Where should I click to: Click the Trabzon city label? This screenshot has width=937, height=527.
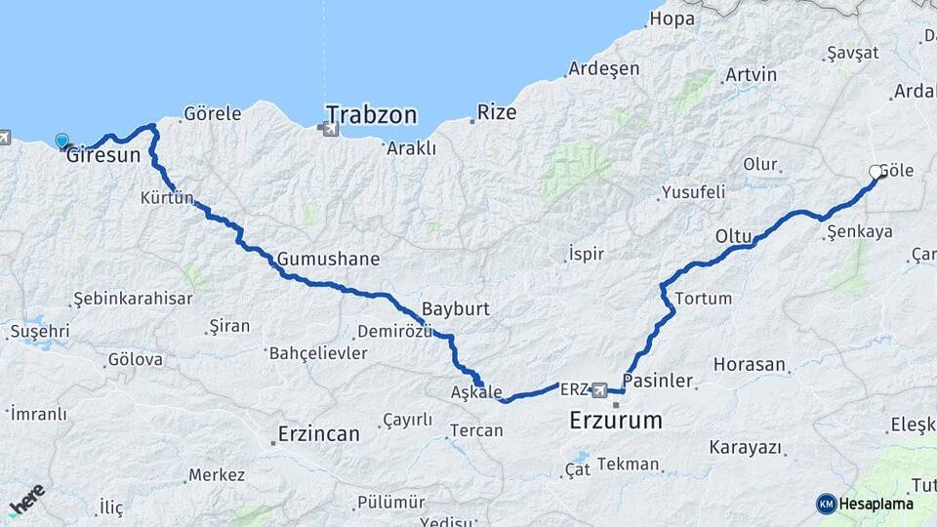tap(371, 115)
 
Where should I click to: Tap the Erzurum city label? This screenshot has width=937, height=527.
tap(615, 422)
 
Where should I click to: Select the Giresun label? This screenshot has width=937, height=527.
tap(103, 155)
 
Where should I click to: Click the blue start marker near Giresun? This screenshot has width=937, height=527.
tap(62, 142)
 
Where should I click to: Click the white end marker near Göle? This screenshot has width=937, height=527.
tap(875, 173)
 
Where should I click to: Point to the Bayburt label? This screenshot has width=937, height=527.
tap(455, 308)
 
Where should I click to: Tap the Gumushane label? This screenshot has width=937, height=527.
tap(328, 260)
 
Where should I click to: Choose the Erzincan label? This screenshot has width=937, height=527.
tap(318, 433)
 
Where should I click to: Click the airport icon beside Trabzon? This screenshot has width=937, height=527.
tap(331, 129)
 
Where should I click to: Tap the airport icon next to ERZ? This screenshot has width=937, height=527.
tap(598, 389)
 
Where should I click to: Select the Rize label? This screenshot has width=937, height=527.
tap(497, 113)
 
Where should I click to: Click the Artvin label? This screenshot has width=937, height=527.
tap(751, 75)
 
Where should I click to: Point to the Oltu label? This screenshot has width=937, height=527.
tap(733, 236)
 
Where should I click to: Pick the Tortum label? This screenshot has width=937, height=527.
tap(702, 299)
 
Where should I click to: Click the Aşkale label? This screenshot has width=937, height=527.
tap(475, 392)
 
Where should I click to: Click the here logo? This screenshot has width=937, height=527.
tap(26, 499)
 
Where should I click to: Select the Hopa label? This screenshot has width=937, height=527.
tap(672, 19)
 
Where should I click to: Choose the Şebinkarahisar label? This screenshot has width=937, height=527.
tap(133, 299)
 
